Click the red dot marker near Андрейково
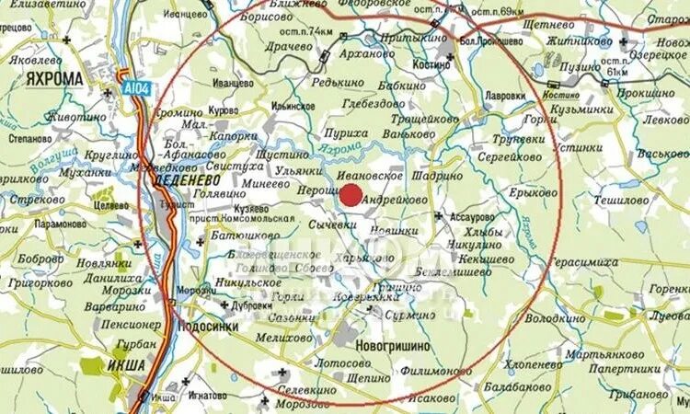click(351, 194)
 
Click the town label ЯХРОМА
click(55, 79)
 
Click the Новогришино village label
click(392, 346)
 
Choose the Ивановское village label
click(372, 175)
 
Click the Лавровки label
click(505, 96)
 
